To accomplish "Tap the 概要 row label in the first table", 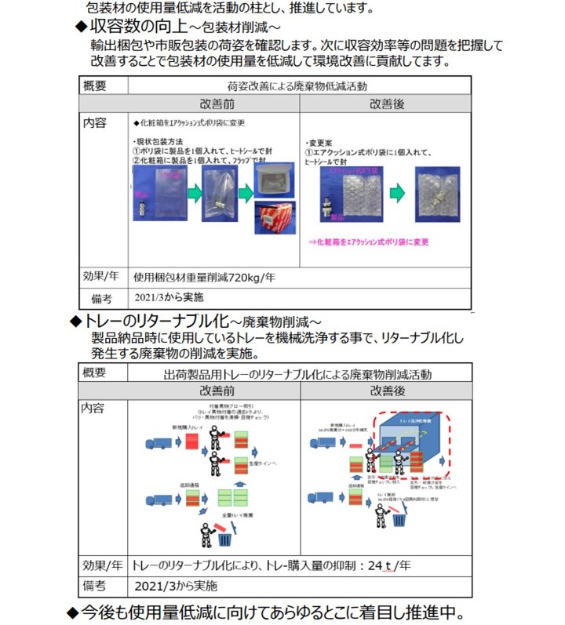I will click(100, 85).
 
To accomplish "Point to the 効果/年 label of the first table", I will click(104, 276).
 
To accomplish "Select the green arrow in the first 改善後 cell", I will click(395, 192).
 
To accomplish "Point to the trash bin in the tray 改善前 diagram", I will click(226, 540).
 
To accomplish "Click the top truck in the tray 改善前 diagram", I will click(158, 444).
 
